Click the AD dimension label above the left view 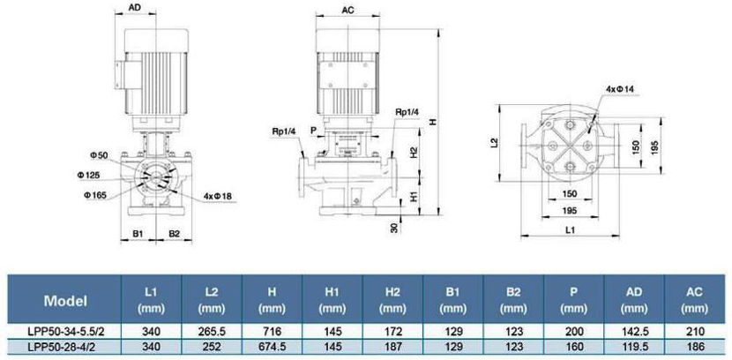coord(135,8)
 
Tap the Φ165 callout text coord(94,194)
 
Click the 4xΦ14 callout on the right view coord(622,89)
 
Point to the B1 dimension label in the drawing coord(138,233)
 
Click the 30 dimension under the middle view coord(393,227)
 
